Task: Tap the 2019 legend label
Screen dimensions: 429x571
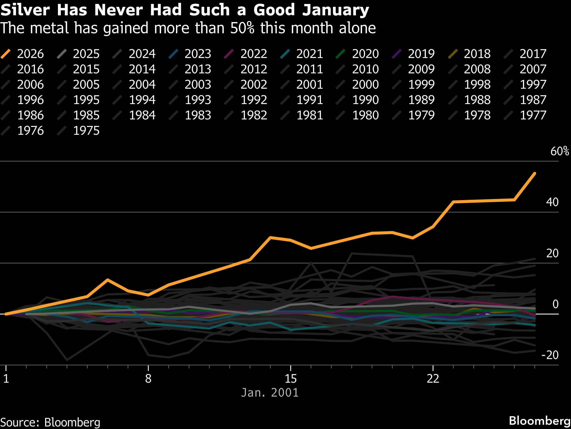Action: tap(421, 54)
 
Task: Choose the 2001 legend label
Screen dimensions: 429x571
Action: tap(309, 84)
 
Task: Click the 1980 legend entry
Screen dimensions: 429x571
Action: tap(365, 115)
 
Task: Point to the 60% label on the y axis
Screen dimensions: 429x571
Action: tap(559, 151)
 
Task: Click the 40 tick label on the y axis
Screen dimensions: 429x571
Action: tap(552, 202)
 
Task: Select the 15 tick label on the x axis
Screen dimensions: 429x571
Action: tap(290, 378)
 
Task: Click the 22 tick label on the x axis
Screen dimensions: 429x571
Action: tap(433, 378)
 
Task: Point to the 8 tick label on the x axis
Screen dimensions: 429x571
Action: tap(148, 378)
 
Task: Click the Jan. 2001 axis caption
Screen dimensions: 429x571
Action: tap(270, 393)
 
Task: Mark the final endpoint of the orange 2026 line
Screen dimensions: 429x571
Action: tap(535, 173)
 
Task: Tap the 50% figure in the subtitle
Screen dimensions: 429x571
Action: tap(242, 28)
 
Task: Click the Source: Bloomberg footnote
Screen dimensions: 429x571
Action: tap(50, 422)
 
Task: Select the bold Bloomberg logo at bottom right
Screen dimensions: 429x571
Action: tap(539, 421)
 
